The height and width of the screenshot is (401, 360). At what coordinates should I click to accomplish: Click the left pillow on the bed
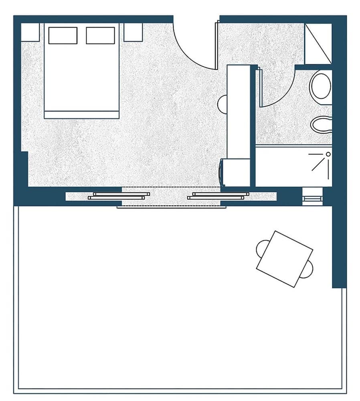click(63, 35)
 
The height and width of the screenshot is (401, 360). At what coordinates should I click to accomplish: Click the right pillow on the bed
click(100, 35)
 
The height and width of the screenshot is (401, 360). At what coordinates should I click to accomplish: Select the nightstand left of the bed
click(30, 32)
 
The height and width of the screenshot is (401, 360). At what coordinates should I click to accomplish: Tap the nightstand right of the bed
click(133, 32)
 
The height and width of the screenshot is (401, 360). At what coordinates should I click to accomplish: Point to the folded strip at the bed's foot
click(81, 115)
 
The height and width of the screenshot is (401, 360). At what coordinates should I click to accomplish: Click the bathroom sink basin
click(322, 124)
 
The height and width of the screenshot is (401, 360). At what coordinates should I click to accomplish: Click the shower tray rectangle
click(293, 166)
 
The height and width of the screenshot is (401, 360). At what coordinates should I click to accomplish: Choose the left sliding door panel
click(119, 196)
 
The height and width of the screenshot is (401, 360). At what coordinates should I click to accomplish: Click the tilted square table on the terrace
click(284, 259)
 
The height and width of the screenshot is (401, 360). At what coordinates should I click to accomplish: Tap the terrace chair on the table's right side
click(307, 269)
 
